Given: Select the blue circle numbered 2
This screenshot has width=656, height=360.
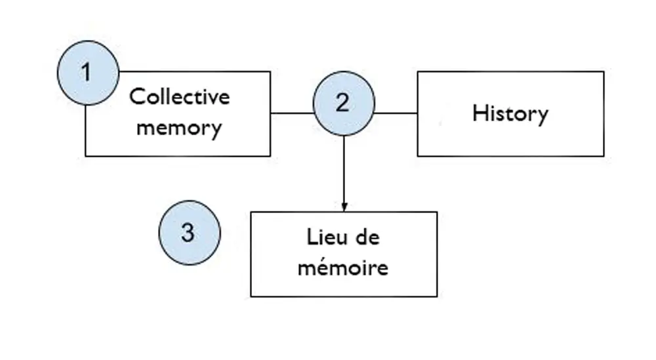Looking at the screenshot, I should pos(343,104).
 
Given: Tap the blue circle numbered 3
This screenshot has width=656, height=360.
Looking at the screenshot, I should pos(190,233).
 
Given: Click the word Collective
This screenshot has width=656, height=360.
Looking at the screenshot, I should pos(179,97).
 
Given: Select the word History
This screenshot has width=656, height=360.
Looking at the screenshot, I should pos(510,113).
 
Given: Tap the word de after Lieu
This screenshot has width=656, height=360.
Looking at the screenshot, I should pos(367,237).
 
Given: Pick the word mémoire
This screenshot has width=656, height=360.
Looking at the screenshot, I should pos(343,268).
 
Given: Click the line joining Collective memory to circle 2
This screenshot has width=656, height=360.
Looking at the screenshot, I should pos(291,113).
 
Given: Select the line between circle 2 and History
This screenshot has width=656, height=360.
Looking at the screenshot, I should pos(396,113).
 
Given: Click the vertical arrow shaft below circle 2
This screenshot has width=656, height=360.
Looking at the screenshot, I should pos(344,170).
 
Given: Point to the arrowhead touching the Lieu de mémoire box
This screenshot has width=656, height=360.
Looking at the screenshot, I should pos(344,207).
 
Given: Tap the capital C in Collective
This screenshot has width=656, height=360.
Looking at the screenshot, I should pos(136,97).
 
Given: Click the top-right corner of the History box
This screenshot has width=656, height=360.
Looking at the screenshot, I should pos(604,71).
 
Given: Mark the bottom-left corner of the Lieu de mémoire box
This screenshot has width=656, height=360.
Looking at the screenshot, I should pos(251,296).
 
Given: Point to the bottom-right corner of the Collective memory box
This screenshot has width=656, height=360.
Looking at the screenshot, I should pos(270,156).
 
